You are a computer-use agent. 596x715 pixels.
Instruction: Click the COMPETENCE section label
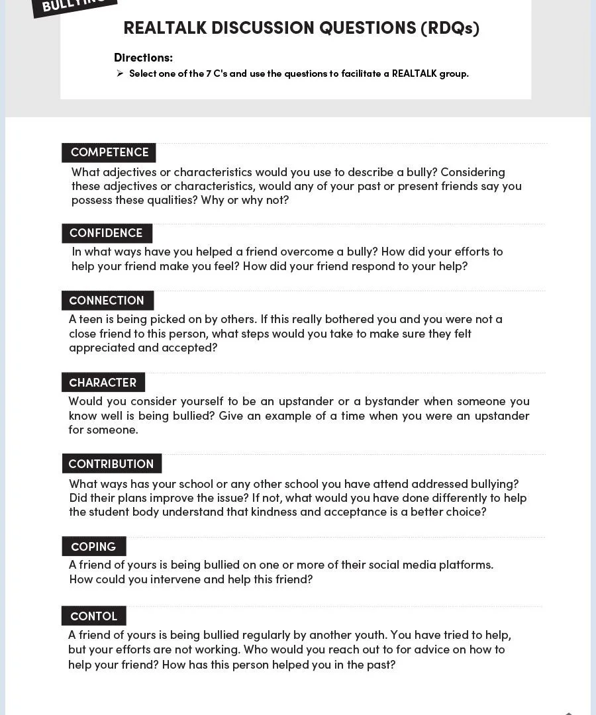[x=109, y=152]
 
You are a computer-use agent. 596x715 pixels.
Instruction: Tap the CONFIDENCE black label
[x=106, y=233]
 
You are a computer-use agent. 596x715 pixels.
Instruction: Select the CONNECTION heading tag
[x=107, y=301]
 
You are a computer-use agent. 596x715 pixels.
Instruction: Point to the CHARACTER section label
[x=103, y=383]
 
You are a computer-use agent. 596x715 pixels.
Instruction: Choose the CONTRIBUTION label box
[x=111, y=464]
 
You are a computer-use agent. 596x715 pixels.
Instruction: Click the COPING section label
[x=93, y=547]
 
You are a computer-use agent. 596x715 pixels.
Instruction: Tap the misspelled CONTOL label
[x=93, y=616]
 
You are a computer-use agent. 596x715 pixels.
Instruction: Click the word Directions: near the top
[x=143, y=58]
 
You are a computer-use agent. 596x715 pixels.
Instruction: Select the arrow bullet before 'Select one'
[x=120, y=73]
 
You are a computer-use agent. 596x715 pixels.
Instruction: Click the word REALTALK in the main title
[x=166, y=28]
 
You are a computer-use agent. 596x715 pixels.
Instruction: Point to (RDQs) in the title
[x=450, y=28]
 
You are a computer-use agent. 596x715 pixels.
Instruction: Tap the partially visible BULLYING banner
[x=74, y=5]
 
